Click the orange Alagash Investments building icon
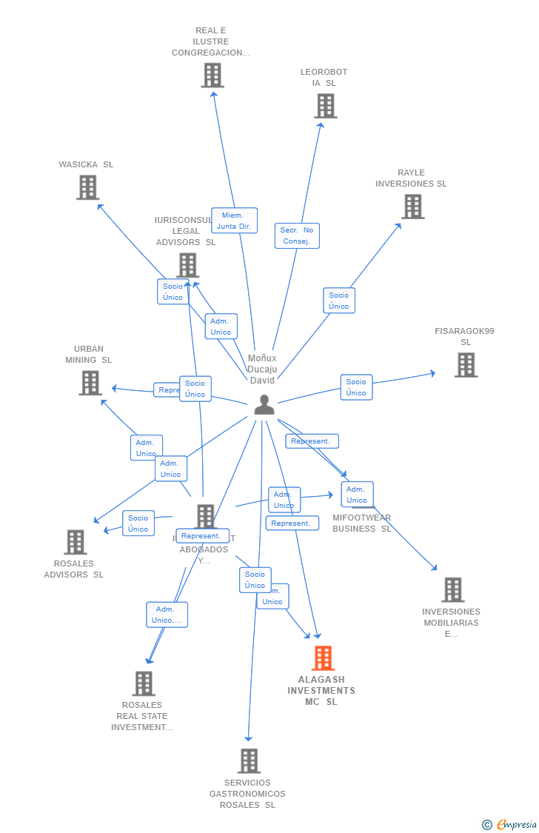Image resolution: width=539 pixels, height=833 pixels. pyautogui.click(x=323, y=658)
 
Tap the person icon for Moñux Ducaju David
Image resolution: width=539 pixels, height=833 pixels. pyautogui.click(x=264, y=404)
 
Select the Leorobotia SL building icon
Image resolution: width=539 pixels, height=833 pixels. pyautogui.click(x=325, y=106)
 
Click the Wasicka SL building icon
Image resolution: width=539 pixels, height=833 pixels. pyautogui.click(x=87, y=187)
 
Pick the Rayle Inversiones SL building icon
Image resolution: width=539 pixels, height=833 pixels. pyautogui.click(x=412, y=207)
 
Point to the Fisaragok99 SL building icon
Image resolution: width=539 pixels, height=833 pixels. pyautogui.click(x=466, y=365)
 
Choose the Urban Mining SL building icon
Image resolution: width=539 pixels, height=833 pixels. pyautogui.click(x=90, y=383)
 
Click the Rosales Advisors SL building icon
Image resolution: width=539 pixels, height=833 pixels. pyautogui.click(x=75, y=542)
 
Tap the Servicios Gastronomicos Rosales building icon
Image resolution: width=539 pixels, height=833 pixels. pyautogui.click(x=249, y=760)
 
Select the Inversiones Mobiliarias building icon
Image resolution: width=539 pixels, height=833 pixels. pyautogui.click(x=452, y=589)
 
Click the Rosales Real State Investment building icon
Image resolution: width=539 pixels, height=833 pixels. pyautogui.click(x=144, y=683)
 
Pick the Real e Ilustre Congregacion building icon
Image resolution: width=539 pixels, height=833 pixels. pyautogui.click(x=212, y=76)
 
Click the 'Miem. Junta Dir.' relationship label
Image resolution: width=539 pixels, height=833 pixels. pyautogui.click(x=235, y=221)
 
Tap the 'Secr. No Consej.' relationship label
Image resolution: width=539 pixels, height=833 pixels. pyautogui.click(x=297, y=235)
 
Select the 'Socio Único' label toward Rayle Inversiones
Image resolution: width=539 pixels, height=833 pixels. pyautogui.click(x=339, y=301)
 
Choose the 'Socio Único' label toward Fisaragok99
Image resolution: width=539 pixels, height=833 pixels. pyautogui.click(x=356, y=387)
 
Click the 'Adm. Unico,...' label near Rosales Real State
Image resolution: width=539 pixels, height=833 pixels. pyautogui.click(x=167, y=615)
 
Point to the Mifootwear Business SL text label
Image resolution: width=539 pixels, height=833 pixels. pyautogui.click(x=361, y=523)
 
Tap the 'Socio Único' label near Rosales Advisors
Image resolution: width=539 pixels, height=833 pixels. pyautogui.click(x=138, y=523)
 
